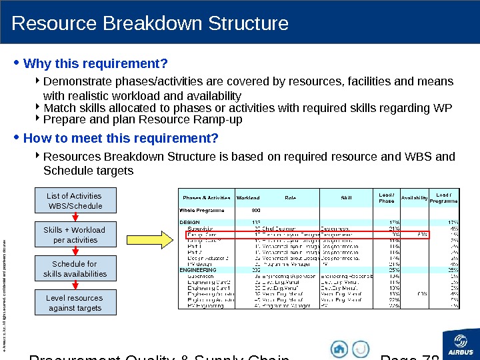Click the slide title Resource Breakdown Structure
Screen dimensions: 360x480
150,24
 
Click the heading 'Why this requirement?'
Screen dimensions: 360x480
95,64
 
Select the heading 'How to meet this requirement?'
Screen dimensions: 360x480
121,139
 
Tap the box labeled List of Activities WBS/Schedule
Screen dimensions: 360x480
75,201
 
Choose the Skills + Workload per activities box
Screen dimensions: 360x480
75,235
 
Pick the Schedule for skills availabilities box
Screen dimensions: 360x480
75,269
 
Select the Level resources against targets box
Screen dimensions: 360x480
75,303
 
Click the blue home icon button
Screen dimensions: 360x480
340,349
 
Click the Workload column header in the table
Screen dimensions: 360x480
248,197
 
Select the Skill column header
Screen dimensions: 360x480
346,197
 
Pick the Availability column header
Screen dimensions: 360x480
415,197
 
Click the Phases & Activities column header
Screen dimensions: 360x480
207,197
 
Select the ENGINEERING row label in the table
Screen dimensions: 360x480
198,270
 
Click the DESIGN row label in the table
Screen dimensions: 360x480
190,222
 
